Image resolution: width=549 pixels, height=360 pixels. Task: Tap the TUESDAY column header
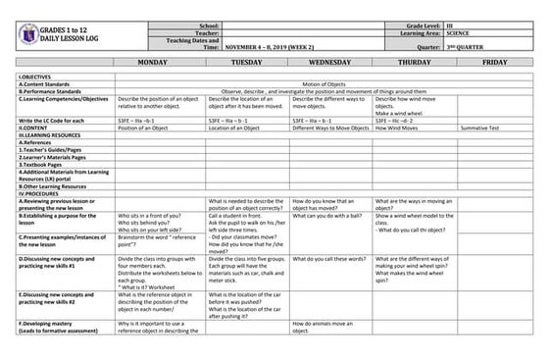246,62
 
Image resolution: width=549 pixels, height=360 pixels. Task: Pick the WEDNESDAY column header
330,62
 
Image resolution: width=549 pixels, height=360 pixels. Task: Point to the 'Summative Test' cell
481,128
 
